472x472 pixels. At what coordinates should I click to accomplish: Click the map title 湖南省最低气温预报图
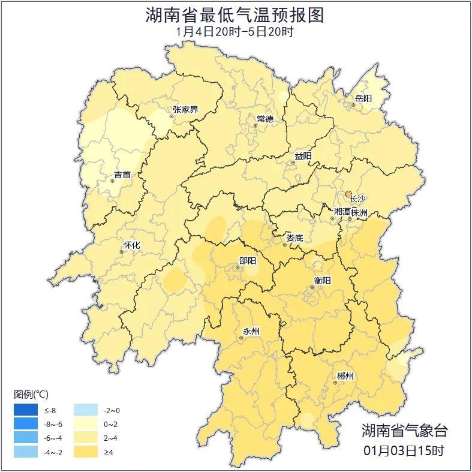click(235, 15)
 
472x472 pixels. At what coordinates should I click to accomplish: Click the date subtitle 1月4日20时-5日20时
click(235, 32)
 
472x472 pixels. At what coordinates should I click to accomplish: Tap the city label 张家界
click(185, 109)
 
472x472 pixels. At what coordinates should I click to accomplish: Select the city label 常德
click(265, 119)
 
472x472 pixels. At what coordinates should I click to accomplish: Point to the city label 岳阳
click(363, 98)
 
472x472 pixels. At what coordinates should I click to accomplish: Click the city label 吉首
click(122, 175)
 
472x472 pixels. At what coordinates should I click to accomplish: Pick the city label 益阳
click(303, 156)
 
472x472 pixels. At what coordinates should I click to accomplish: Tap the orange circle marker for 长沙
click(348, 194)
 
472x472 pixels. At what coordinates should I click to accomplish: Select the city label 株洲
click(359, 212)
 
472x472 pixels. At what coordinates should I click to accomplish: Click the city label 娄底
click(294, 237)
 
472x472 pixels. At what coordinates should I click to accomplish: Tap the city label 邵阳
click(247, 260)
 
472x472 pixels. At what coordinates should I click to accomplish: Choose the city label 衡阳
click(322, 280)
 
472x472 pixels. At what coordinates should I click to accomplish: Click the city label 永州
click(251, 331)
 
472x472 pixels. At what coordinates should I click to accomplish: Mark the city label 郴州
click(345, 376)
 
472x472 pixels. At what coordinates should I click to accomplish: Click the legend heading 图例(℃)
click(31, 394)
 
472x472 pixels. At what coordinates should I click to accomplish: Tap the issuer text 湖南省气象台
click(404, 431)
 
